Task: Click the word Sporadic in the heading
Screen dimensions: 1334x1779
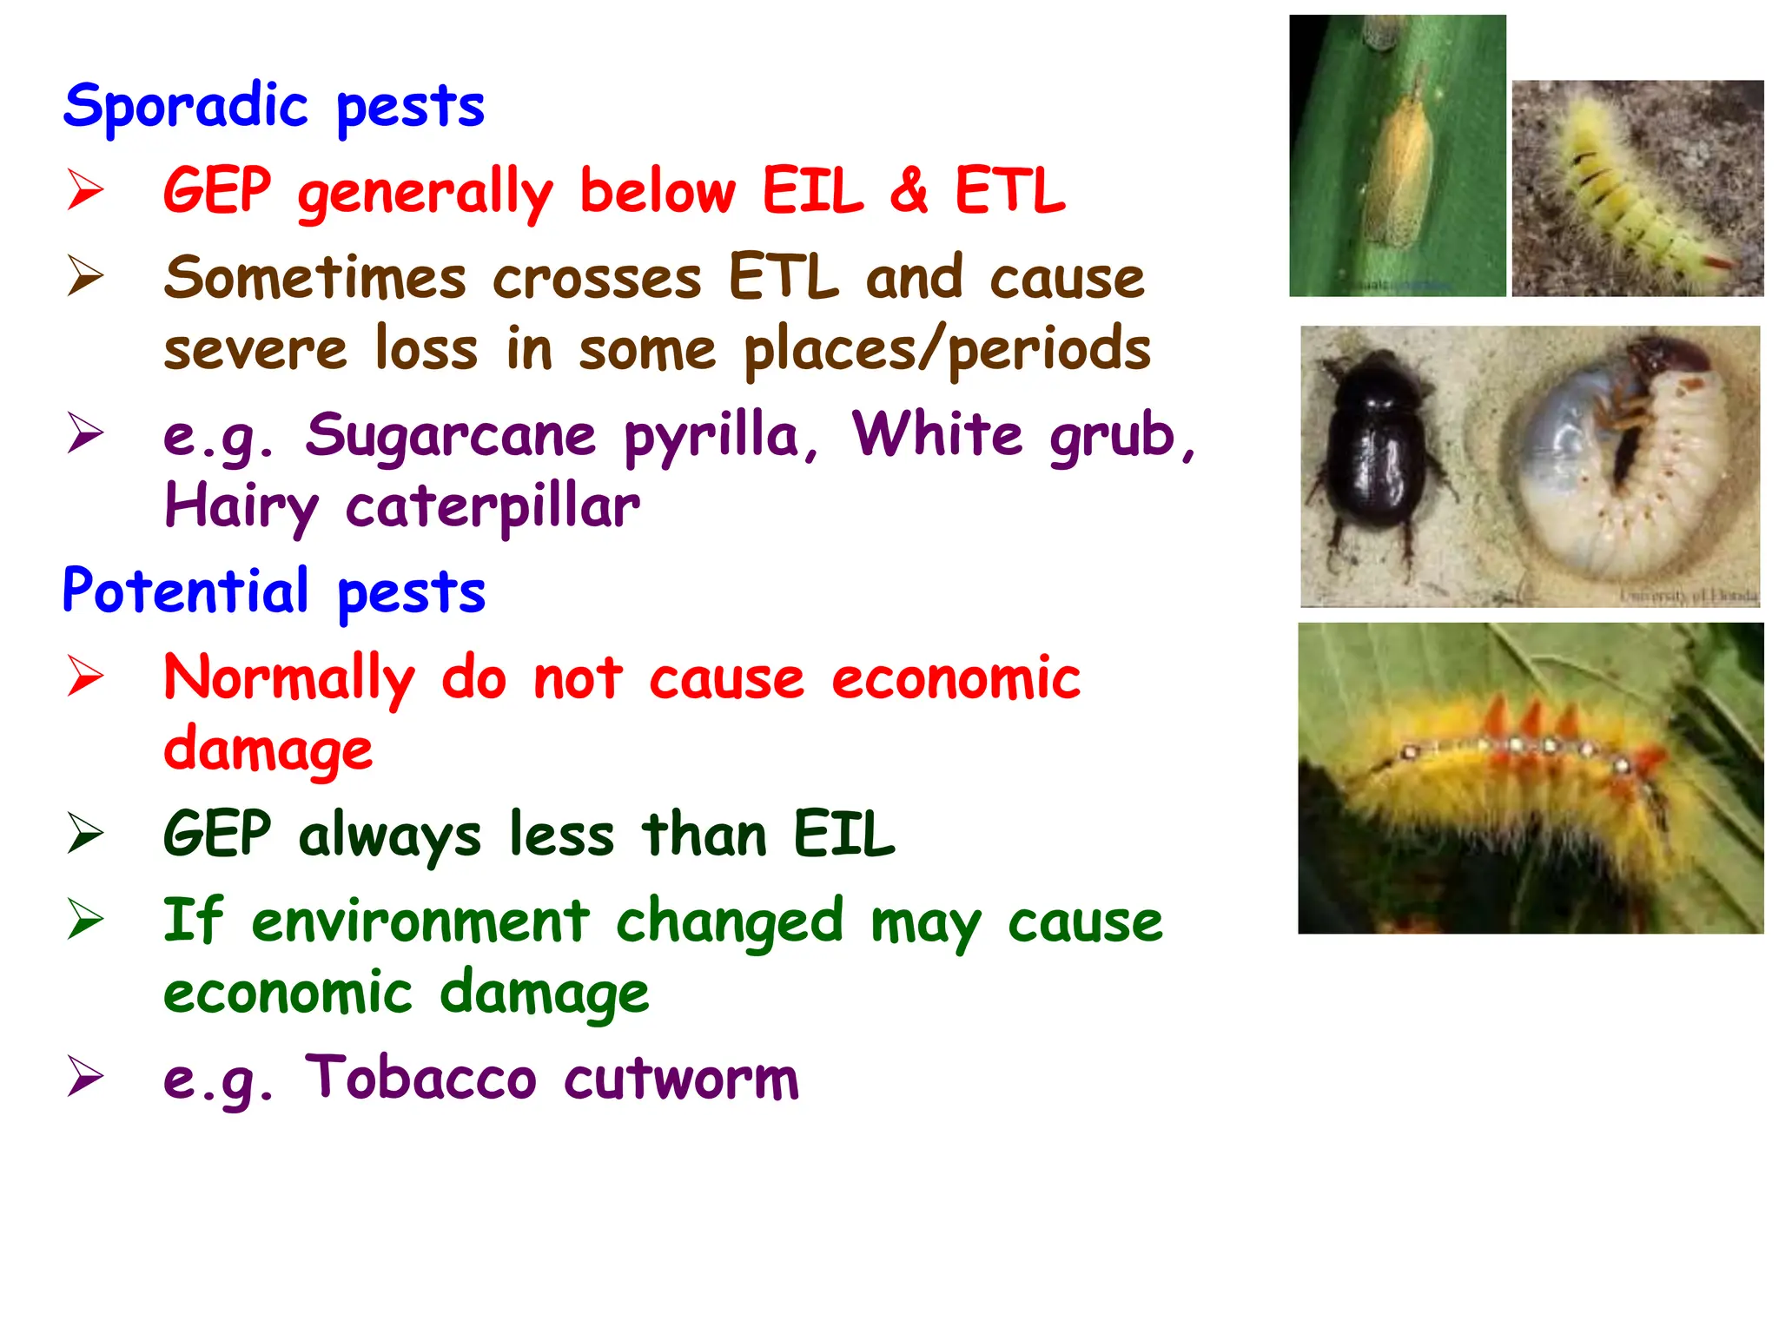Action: pos(185,107)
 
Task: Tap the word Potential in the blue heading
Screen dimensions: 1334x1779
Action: pos(185,591)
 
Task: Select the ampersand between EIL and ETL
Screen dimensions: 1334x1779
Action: pos(909,190)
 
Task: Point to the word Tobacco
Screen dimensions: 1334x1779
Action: pos(420,1078)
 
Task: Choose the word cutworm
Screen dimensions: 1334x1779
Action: pos(681,1080)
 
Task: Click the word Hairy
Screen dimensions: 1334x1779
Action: pos(241,507)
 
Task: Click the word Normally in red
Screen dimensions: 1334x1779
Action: pos(289,678)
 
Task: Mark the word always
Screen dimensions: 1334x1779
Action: pos(389,835)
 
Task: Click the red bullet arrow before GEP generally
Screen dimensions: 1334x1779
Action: pos(85,190)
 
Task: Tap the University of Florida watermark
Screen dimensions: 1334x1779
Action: pos(1689,596)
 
